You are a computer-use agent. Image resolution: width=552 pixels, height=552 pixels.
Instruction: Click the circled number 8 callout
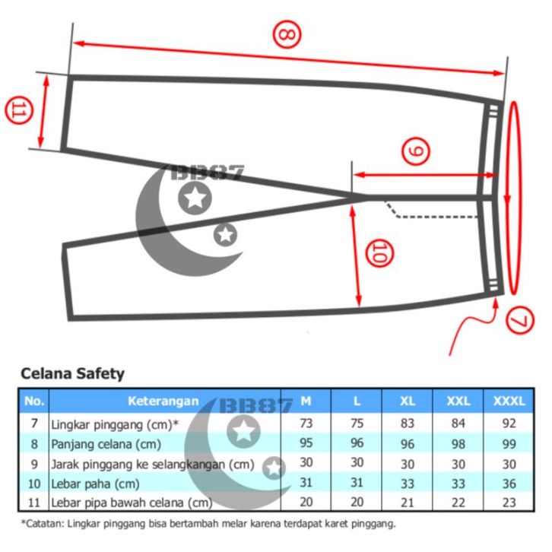(x=287, y=34)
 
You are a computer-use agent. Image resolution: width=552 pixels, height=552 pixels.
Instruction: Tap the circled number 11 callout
(x=18, y=110)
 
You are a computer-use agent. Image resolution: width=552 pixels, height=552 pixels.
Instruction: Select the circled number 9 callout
(x=416, y=151)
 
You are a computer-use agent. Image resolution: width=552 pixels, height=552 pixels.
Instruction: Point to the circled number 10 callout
(x=379, y=253)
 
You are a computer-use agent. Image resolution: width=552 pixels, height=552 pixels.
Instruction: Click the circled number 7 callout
(x=520, y=321)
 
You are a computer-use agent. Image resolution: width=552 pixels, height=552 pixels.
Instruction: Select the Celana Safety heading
(x=72, y=373)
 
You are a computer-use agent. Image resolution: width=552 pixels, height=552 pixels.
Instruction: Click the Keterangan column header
(x=163, y=401)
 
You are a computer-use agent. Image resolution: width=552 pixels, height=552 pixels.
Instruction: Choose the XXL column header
(x=458, y=401)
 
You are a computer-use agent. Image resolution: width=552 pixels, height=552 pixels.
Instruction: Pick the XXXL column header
(x=509, y=401)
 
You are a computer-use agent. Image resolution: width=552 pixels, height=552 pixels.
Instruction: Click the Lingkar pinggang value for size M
(x=306, y=423)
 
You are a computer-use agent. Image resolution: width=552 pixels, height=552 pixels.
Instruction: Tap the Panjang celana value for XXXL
(x=509, y=444)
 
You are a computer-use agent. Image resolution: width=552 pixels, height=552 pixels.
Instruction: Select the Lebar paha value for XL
(x=408, y=484)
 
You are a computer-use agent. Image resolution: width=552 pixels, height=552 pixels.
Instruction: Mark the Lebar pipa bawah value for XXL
(x=458, y=503)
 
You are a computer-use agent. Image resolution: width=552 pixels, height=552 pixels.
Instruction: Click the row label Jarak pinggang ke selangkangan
(x=152, y=465)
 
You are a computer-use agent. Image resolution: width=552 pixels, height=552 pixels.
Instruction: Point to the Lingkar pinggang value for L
(x=357, y=423)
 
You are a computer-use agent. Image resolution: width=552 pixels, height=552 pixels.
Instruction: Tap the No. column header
(x=33, y=401)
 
